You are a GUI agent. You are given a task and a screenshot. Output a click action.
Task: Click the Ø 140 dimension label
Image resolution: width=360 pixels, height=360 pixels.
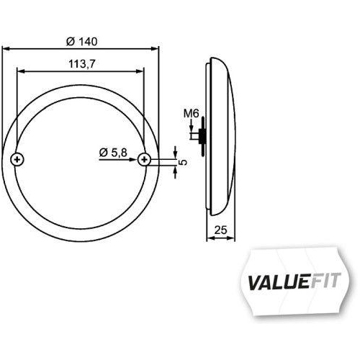pyautogui.click(x=80, y=39)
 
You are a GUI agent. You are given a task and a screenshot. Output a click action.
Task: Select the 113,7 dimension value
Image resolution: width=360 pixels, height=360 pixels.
pyautogui.click(x=79, y=63)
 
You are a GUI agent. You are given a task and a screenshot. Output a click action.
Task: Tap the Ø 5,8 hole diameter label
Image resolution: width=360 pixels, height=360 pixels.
pyautogui.click(x=114, y=152)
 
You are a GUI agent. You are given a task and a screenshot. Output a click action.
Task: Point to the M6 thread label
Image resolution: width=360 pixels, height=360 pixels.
pyautogui.click(x=190, y=114)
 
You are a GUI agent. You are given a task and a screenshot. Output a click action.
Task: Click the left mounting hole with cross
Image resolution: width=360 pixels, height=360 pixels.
pyautogui.click(x=19, y=159)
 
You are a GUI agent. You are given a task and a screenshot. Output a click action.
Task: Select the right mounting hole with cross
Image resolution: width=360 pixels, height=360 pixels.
pyautogui.click(x=145, y=159)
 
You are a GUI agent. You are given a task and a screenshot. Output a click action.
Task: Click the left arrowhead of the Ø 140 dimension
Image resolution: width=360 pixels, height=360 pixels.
pyautogui.click(x=6, y=48)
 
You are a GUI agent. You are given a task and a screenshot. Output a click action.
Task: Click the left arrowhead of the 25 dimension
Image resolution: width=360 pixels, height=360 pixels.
pyautogui.click(x=209, y=239)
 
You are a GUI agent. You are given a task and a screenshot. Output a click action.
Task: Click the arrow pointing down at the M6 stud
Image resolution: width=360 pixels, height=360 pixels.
pyautogui.click(x=190, y=127)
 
